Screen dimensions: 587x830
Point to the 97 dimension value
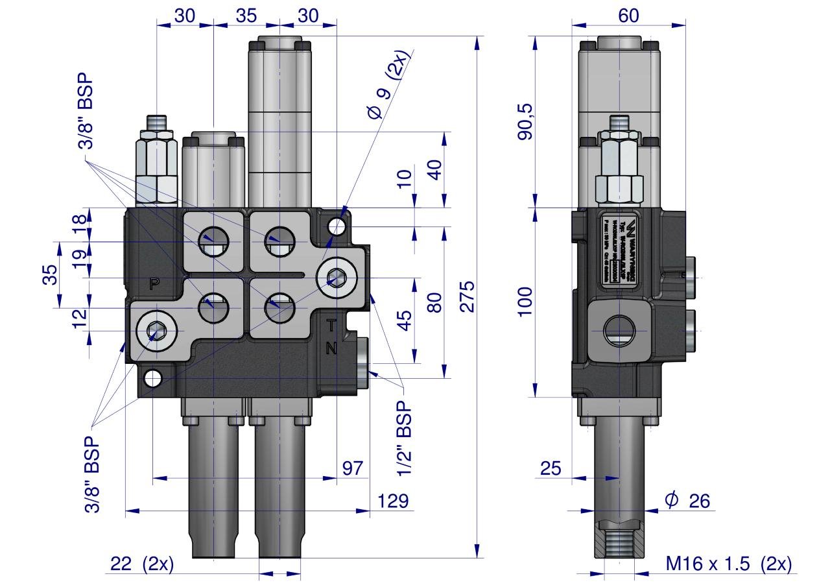(352, 468)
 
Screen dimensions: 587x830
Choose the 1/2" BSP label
(405, 438)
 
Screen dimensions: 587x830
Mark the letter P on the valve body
(154, 283)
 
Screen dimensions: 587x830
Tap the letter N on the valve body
(331, 348)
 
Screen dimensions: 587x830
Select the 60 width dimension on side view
(628, 16)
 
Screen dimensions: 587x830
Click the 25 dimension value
(551, 468)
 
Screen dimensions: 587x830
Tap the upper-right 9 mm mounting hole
(336, 226)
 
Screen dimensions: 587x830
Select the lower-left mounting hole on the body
(152, 378)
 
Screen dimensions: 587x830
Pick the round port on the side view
(619, 331)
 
